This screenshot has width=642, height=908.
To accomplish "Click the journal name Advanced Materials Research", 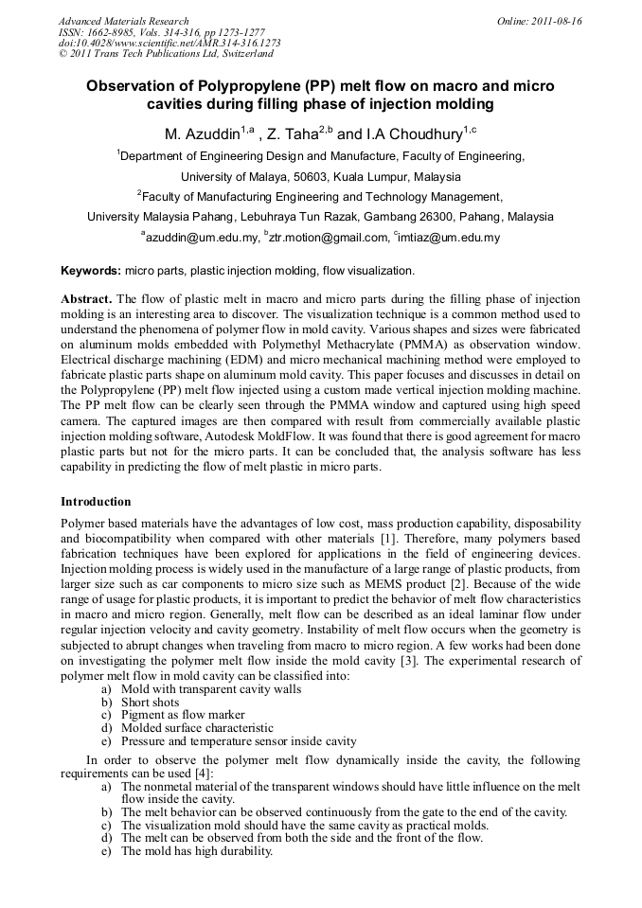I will click(123, 21).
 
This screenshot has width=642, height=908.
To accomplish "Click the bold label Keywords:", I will click(90, 271).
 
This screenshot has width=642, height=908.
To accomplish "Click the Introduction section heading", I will click(96, 501).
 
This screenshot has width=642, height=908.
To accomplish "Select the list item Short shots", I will click(150, 703).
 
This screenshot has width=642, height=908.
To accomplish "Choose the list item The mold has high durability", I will click(197, 851).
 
